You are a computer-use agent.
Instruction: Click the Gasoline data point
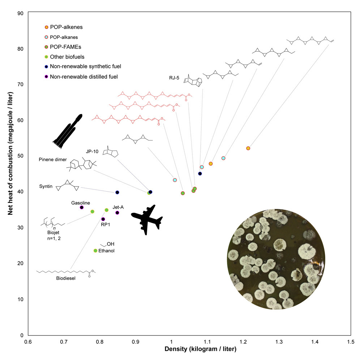tap(82, 207)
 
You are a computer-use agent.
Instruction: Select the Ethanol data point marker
tap(95, 251)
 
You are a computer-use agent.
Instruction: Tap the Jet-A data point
tap(117, 213)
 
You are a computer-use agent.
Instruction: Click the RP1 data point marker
tap(103, 219)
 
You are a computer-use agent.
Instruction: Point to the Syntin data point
tap(117, 192)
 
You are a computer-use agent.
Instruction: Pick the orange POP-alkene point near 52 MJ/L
tap(248, 148)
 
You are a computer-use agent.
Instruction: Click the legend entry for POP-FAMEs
tap(62, 47)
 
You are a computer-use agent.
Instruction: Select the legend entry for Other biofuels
tap(64, 56)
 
